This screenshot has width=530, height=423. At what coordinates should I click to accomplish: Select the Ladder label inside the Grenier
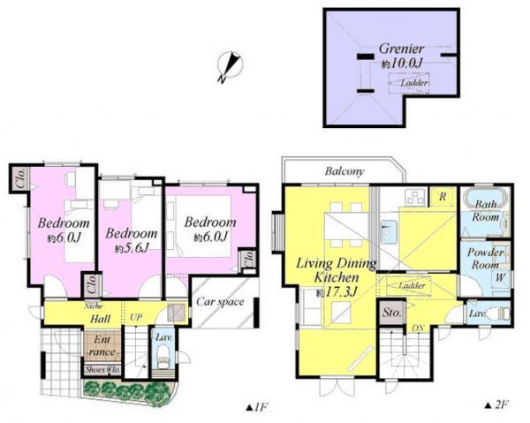pos(414,83)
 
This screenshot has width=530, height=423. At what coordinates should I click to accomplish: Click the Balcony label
pos(344,171)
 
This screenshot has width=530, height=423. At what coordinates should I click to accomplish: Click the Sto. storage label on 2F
pos(390,311)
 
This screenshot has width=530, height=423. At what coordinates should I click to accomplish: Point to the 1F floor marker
pos(256,408)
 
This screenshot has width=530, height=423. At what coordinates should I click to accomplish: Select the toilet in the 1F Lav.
pos(162,358)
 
